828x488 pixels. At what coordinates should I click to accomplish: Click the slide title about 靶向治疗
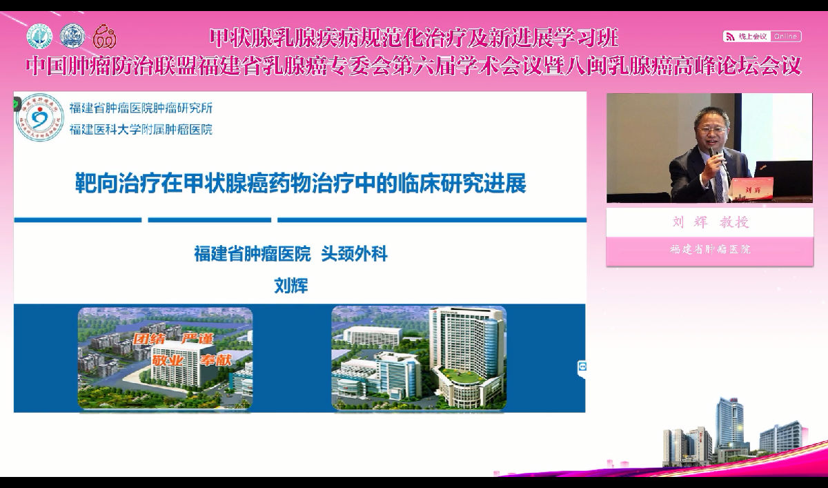click(300, 184)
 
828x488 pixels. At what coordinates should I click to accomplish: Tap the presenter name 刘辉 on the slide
click(290, 286)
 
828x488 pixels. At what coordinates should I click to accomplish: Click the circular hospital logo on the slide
click(40, 117)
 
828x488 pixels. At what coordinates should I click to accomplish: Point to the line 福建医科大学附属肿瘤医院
click(141, 129)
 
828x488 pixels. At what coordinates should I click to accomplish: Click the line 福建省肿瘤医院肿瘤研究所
click(141, 108)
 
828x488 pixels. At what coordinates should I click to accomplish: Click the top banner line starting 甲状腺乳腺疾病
click(413, 36)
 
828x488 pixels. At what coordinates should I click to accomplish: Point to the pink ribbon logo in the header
click(104, 36)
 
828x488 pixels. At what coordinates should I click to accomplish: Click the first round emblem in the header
click(39, 36)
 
